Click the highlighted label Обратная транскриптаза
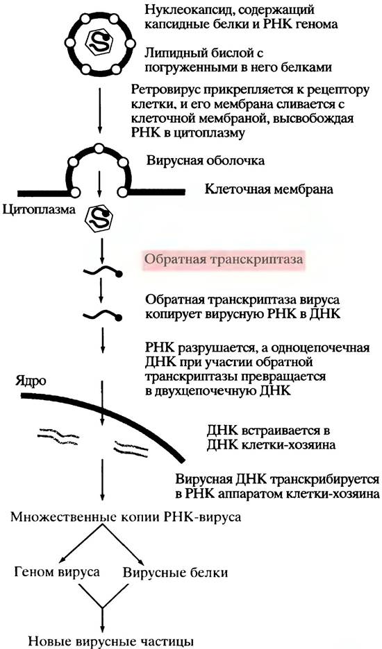point(224,259)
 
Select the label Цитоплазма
point(39,209)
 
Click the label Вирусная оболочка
point(205,161)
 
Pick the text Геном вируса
point(57,572)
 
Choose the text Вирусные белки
point(176,573)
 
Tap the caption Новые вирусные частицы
point(110,641)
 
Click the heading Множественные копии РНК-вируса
point(126,517)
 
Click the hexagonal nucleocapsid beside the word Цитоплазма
point(99,215)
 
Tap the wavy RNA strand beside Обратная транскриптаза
point(102,271)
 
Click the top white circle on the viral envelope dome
point(99,148)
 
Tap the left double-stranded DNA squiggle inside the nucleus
point(59,436)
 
